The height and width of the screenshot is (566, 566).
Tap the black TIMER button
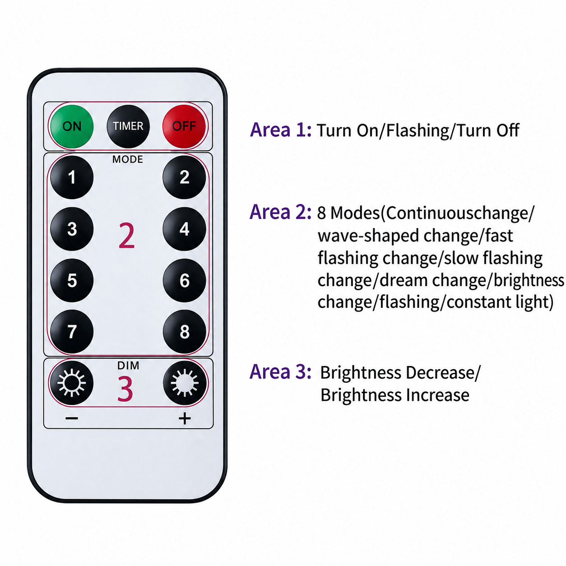tap(128, 126)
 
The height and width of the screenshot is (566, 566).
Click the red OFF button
tap(184, 126)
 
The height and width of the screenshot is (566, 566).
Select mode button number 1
tap(72, 177)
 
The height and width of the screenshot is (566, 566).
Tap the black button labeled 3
tap(72, 229)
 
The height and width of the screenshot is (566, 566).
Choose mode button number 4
tap(185, 229)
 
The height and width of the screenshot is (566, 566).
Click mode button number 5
tap(72, 280)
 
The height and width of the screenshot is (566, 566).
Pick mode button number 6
tap(185, 280)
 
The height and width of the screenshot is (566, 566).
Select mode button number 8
tap(185, 332)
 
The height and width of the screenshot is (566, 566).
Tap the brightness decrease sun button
tap(72, 383)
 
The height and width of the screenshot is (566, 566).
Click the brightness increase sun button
tap(185, 383)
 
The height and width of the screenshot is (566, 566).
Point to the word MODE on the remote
tap(128, 159)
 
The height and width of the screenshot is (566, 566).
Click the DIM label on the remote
tap(128, 366)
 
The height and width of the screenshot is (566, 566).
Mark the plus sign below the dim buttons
tap(185, 418)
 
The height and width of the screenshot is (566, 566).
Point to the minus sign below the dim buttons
tap(72, 418)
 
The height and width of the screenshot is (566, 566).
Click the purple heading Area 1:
tap(280, 130)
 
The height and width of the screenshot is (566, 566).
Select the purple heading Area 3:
tap(280, 371)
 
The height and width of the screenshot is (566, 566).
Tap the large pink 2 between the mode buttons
tap(127, 236)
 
